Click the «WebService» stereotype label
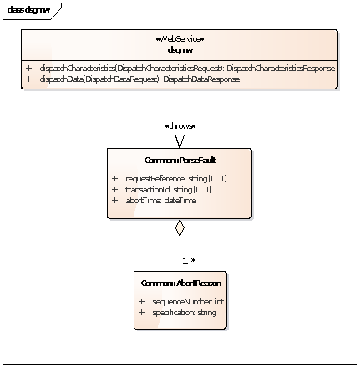click(180, 39)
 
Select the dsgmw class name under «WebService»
click(180, 49)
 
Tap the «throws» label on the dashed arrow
click(180, 125)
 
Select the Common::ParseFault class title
click(180, 158)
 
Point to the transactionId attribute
click(156, 189)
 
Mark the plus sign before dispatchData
click(28, 79)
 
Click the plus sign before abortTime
click(114, 199)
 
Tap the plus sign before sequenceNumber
click(141, 301)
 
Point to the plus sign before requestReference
click(114, 179)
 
